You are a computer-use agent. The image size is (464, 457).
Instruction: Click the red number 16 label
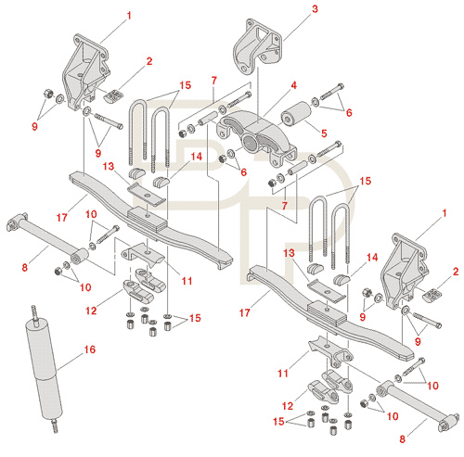coord(90,349)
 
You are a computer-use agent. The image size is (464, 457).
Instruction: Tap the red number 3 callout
coord(315,9)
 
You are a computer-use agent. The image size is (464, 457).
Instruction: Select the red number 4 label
coord(293,85)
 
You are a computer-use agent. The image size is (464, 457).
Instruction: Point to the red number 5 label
coord(324,133)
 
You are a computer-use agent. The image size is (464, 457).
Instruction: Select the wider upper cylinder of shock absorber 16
coord(42,349)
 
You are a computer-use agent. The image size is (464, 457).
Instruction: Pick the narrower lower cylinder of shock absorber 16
coord(49,397)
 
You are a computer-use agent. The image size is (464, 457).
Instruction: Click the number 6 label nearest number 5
coord(349,112)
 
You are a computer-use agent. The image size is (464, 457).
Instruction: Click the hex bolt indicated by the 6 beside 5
coord(332,92)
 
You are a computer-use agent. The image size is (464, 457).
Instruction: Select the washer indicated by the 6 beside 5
coord(315,102)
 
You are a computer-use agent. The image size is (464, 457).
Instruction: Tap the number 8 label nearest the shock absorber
coord(25,267)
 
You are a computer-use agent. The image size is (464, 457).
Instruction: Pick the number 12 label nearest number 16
coord(91,311)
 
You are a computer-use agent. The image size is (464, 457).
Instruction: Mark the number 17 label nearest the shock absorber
coord(62,218)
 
